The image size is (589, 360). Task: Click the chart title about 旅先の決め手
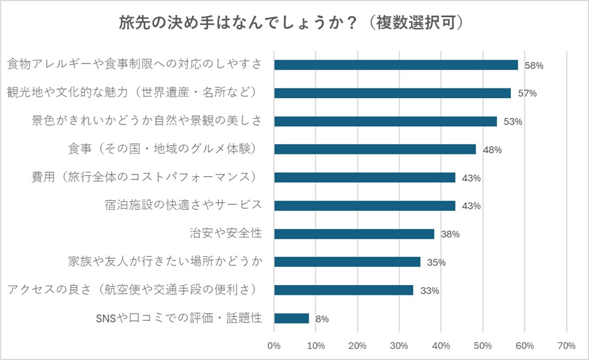click(294, 24)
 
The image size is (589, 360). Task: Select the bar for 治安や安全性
click(354, 234)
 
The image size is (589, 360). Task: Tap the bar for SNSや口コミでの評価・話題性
click(292, 318)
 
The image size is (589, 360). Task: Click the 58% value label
click(534, 65)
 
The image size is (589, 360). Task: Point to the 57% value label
click(527, 93)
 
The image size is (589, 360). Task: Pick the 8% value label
click(322, 319)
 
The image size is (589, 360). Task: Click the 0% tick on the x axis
click(274, 345)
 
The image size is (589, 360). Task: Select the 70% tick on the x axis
click(566, 345)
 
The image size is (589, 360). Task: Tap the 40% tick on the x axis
click(441, 345)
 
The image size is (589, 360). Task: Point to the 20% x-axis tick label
click(358, 345)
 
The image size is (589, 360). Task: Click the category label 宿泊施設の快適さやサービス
click(184, 205)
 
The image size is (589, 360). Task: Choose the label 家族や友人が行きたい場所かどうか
click(165, 262)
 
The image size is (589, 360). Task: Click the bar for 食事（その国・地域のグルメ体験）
click(375, 149)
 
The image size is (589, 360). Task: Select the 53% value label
click(513, 121)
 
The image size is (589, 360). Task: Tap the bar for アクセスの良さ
click(344, 290)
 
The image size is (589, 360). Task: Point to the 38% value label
click(450, 234)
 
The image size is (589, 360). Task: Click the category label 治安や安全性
click(226, 233)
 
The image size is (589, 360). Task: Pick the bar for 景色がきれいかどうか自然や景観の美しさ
click(385, 121)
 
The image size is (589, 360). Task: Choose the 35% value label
click(436, 262)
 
